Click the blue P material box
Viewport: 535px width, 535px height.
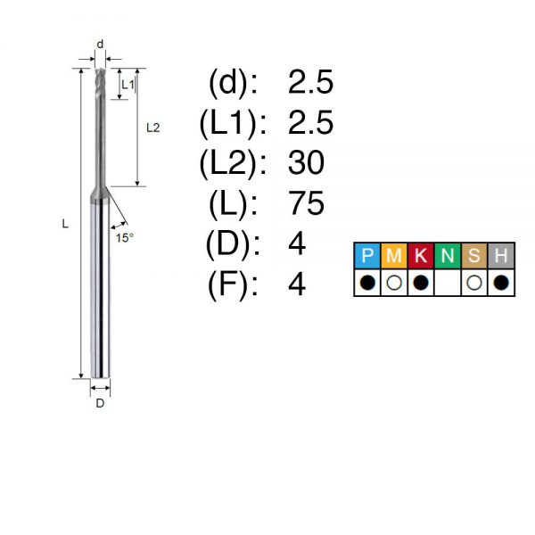[x=367, y=256]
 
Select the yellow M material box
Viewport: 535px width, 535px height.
[x=394, y=256]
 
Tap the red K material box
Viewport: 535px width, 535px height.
[x=420, y=256]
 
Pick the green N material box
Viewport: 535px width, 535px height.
[x=448, y=256]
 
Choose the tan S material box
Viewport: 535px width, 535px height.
[x=474, y=256]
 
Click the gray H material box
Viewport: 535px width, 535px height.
[x=501, y=256]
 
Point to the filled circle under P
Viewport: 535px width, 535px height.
[x=367, y=283]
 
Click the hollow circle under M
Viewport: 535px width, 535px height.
[x=394, y=283]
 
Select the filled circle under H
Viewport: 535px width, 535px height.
[x=501, y=283]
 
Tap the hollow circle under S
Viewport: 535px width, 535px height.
[x=474, y=283]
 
